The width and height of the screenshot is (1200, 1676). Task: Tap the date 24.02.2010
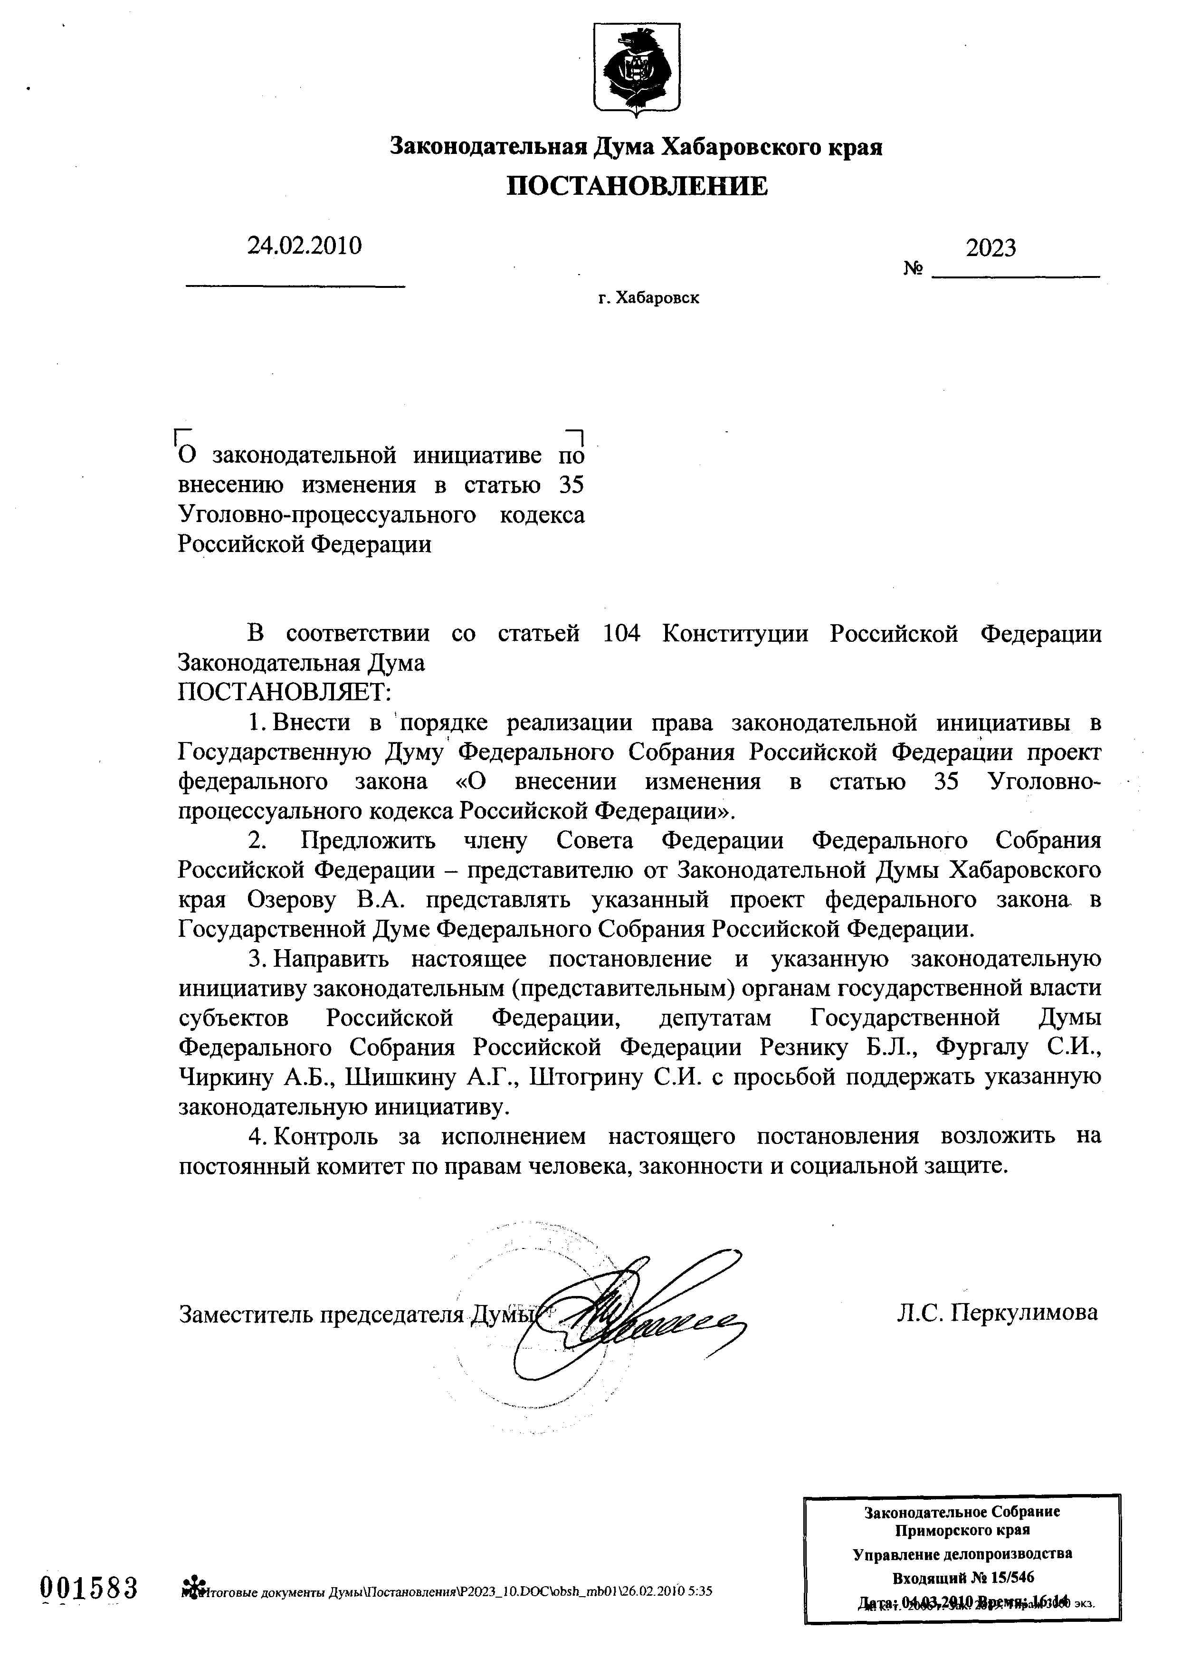(305, 245)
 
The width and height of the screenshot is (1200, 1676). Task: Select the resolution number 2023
(991, 248)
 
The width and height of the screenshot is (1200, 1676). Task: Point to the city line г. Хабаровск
(649, 298)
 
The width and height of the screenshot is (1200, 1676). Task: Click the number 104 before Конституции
(621, 633)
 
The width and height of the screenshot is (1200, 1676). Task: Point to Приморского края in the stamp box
(962, 1530)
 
